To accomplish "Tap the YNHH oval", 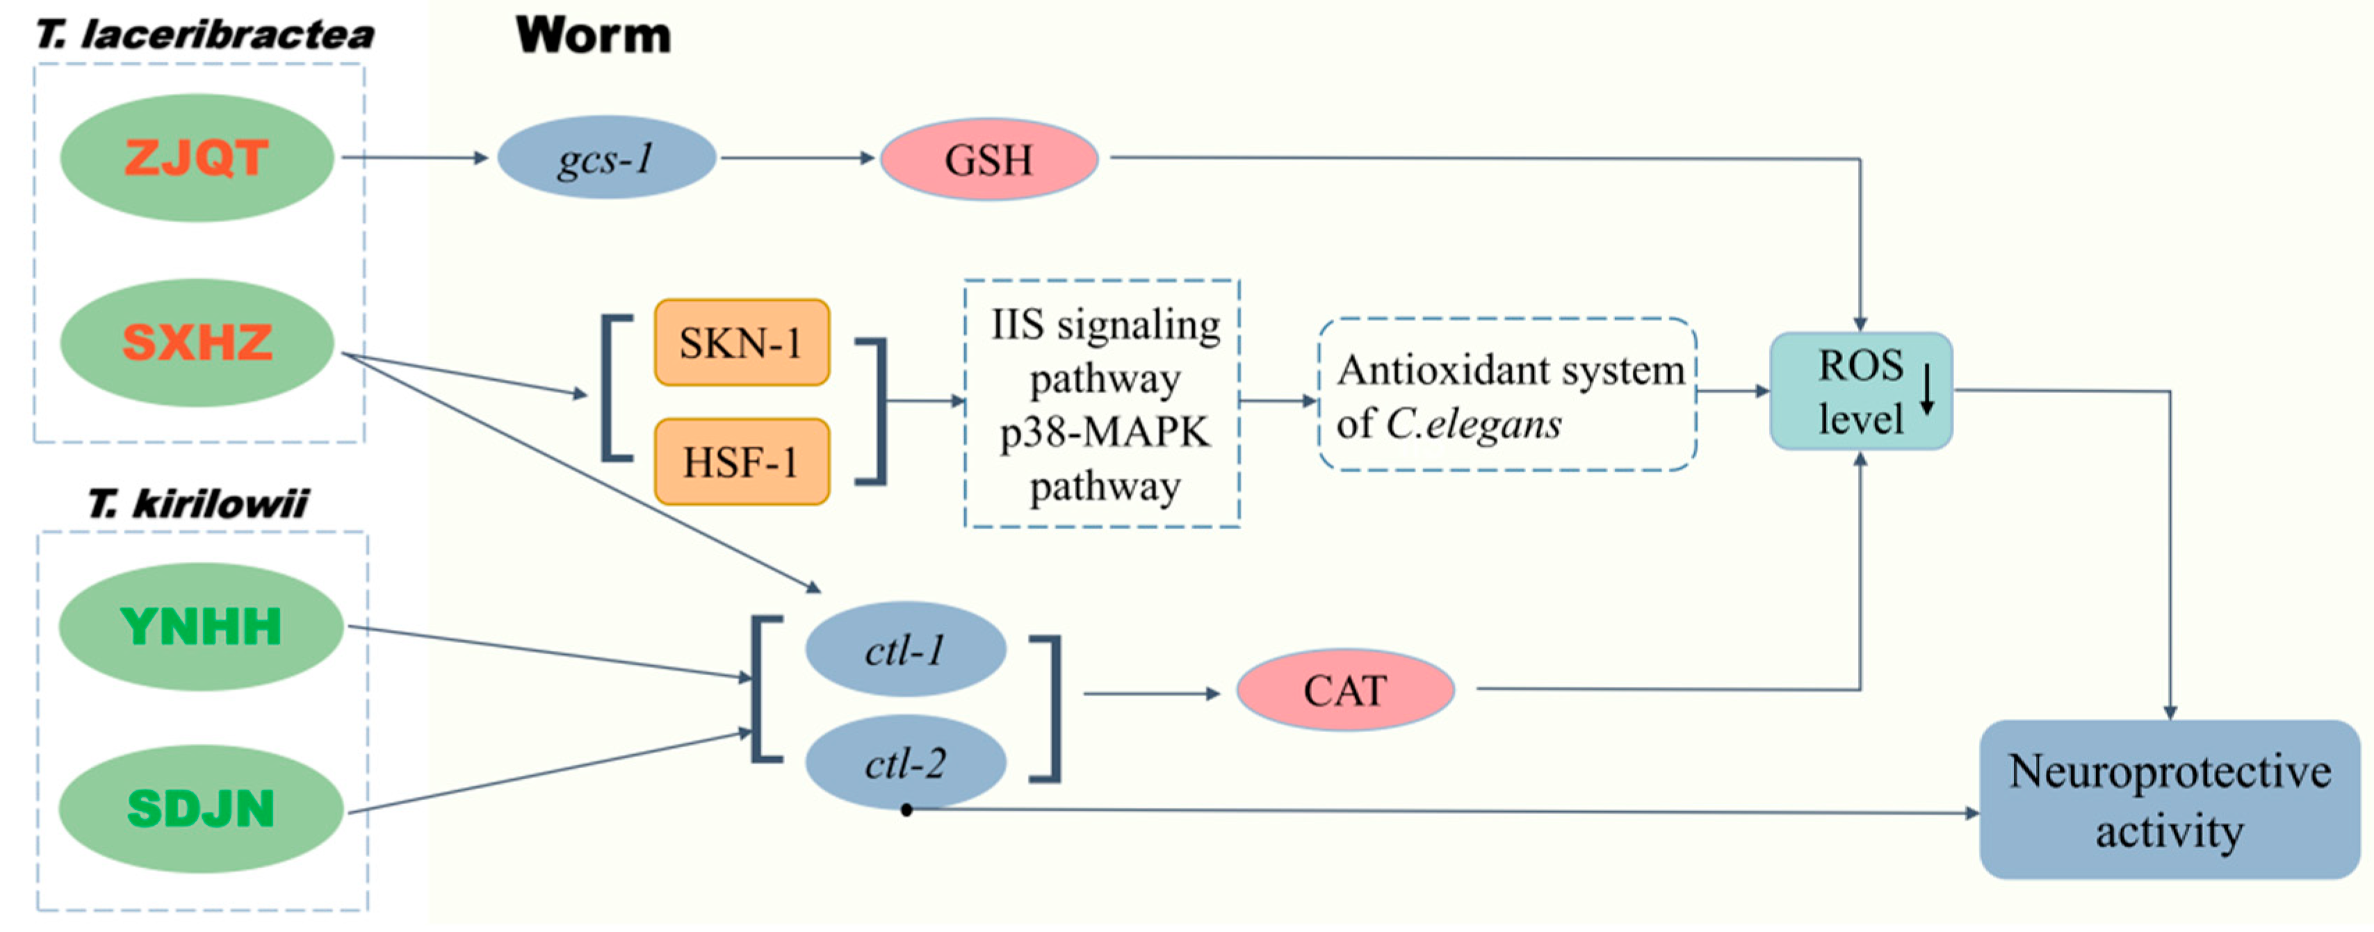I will pyautogui.click(x=201, y=627).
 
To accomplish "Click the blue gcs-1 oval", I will pyautogui.click(x=606, y=158).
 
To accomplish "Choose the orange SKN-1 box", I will pyautogui.click(x=742, y=342).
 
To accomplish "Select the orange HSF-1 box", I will pyautogui.click(x=742, y=461).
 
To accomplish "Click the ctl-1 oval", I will pyautogui.click(x=905, y=650).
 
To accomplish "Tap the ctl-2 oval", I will pyautogui.click(x=905, y=763).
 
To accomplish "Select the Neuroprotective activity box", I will pyautogui.click(x=2170, y=799).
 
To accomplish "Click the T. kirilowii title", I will pyautogui.click(x=198, y=504).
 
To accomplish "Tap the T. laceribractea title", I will pyautogui.click(x=204, y=35).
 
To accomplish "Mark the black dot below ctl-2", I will pyautogui.click(x=906, y=810).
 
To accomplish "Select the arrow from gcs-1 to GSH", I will pyautogui.click(x=797, y=158).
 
